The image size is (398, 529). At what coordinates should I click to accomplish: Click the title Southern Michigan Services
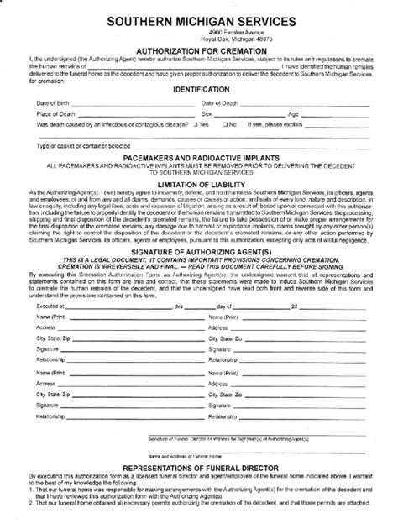(200, 18)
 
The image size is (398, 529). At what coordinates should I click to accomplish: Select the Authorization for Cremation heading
(199, 50)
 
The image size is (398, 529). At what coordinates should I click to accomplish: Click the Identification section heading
(199, 87)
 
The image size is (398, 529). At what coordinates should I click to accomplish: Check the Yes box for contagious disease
(194, 123)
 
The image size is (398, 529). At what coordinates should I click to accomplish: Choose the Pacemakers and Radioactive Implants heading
(199, 157)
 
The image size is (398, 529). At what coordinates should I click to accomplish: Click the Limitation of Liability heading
(199, 183)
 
